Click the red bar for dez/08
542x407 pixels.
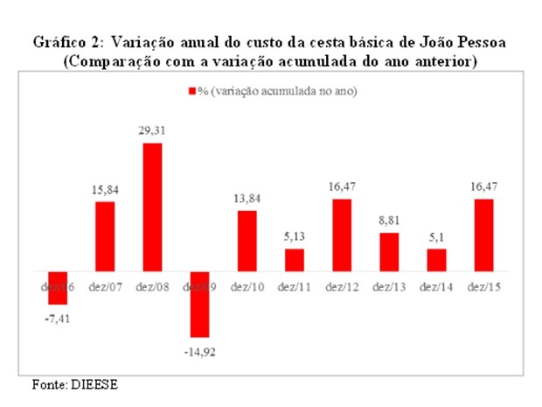152,207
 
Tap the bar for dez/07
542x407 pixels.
105,237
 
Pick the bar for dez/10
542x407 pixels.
247,242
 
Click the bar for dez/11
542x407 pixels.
295,261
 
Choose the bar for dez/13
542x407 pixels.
389,253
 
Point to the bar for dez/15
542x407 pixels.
483,235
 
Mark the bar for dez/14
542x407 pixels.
435,261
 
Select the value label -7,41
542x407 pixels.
59,317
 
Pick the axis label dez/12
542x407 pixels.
342,286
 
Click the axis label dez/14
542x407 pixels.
435,286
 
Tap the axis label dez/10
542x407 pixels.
247,286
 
